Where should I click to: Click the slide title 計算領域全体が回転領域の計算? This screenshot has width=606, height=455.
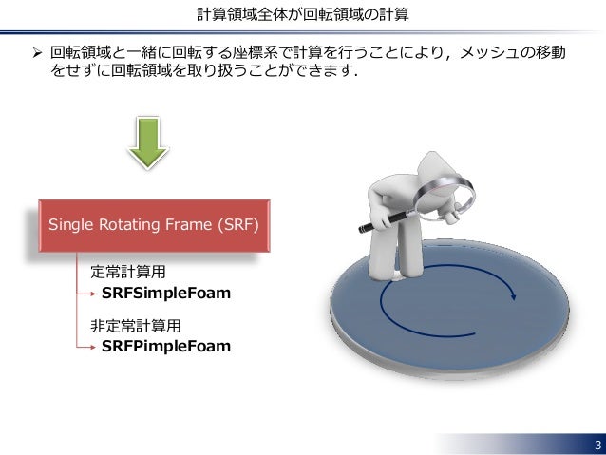[303, 13]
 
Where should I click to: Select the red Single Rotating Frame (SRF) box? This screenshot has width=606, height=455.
[153, 225]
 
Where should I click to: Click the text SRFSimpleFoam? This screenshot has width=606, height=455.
[165, 293]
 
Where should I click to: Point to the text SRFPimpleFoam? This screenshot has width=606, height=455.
[165, 346]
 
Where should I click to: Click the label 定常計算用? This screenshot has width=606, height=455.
[128, 273]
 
